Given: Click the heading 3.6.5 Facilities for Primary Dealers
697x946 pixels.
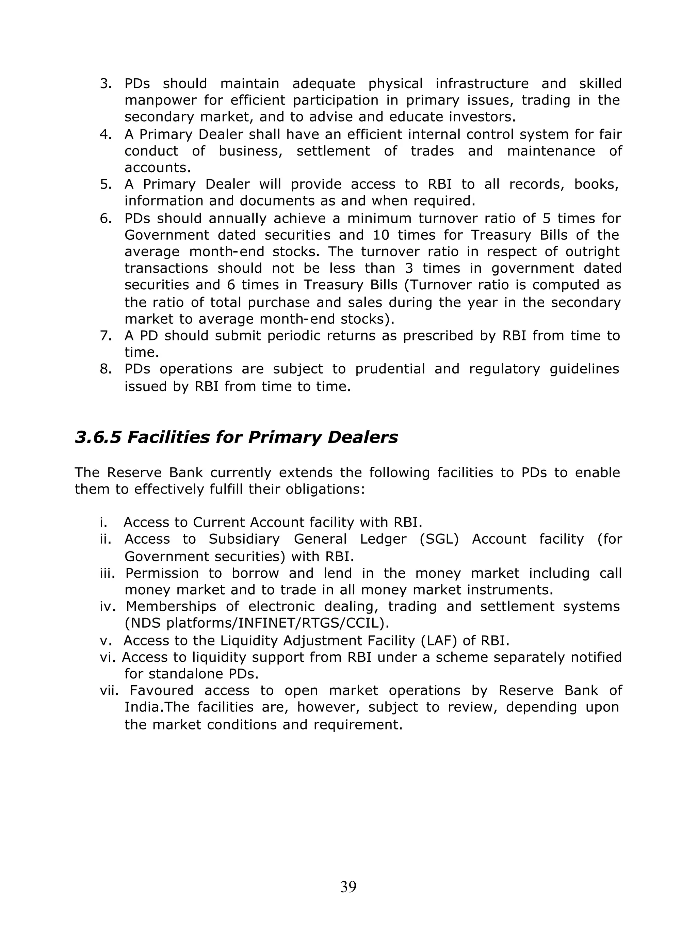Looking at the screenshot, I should [x=236, y=437].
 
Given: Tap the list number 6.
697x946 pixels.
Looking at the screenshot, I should [x=105, y=219].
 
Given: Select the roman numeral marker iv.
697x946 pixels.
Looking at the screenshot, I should [x=108, y=606].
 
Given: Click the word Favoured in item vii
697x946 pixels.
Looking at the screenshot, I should [x=161, y=690].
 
